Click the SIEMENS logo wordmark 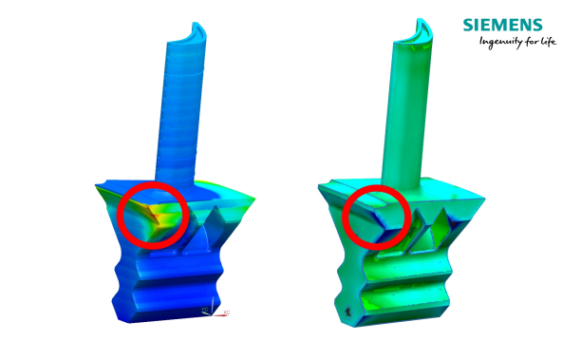(502, 25)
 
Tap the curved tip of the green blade (422, 28)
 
